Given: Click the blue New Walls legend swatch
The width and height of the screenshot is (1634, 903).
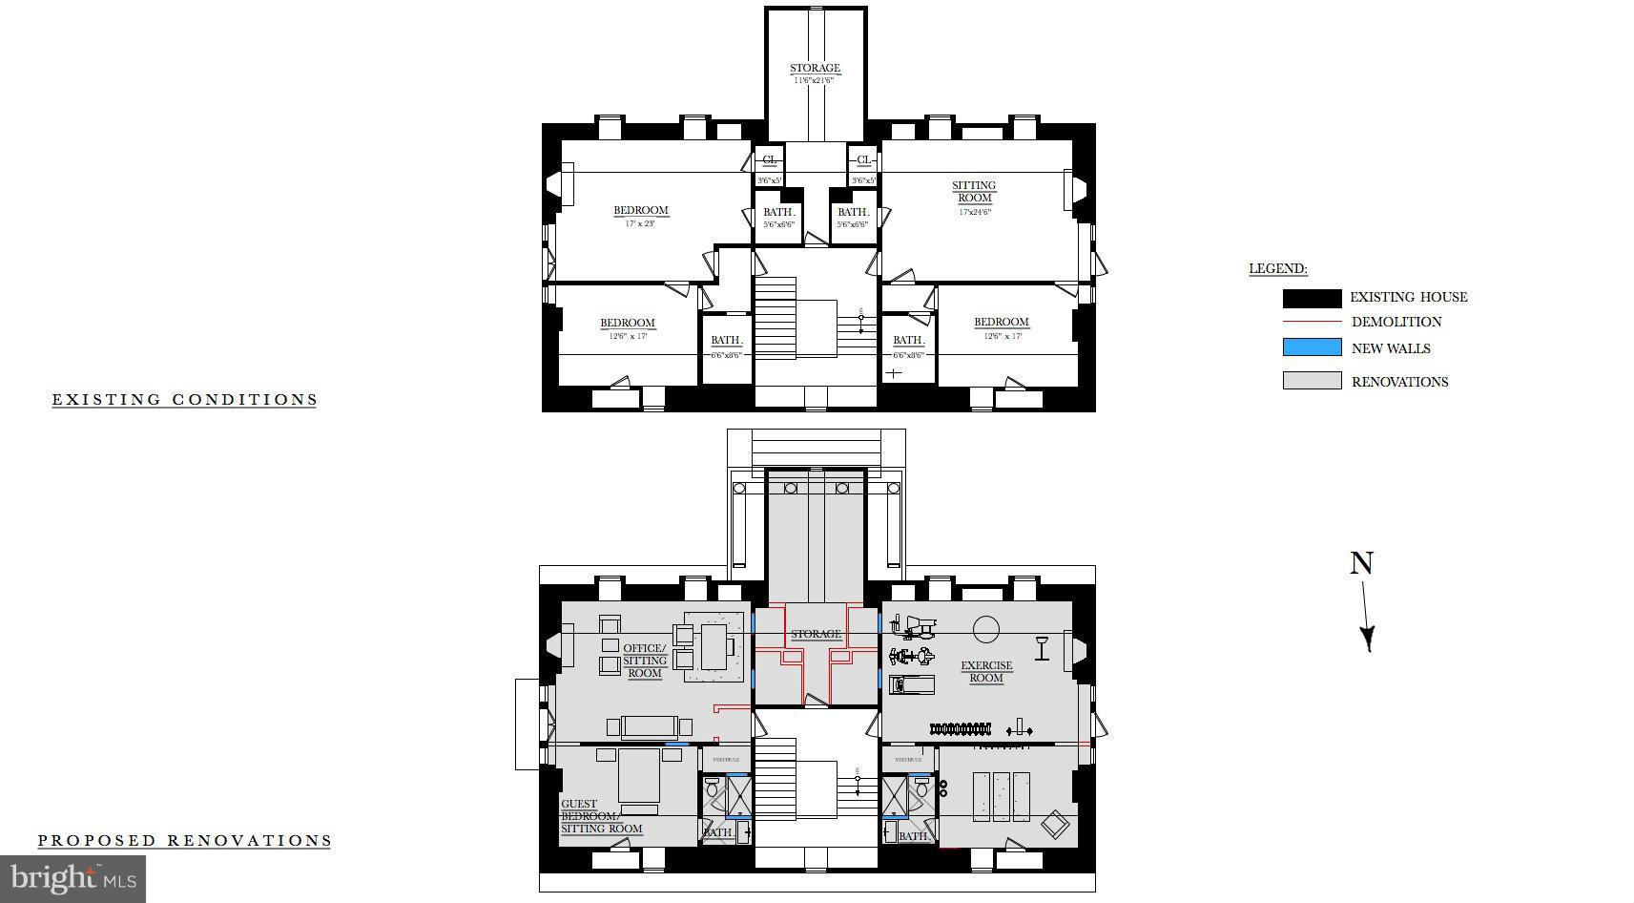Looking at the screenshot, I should point(1312,348).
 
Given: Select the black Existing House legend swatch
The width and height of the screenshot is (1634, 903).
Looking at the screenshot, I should point(1312,298).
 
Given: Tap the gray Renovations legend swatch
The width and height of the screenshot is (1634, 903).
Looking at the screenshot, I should point(1312,381).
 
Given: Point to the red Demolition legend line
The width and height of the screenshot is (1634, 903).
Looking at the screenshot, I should point(1312,323).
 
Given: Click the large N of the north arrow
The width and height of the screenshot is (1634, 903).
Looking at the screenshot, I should point(1361,564).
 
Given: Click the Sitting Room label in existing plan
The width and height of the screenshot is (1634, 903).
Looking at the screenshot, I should point(974,192).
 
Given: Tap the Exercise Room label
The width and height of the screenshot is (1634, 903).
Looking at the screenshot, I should point(986,672).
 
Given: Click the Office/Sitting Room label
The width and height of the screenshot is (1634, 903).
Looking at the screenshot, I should point(645,661).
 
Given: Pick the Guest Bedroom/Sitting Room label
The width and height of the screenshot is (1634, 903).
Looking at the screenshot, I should point(601,817).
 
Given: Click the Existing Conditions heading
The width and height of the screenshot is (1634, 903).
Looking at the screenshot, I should point(184,400).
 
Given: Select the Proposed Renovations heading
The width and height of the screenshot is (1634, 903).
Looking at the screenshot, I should point(184,841).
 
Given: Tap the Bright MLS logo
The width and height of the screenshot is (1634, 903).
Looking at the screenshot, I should point(72,878).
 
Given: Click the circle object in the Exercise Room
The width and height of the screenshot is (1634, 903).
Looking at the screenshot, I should point(985,629).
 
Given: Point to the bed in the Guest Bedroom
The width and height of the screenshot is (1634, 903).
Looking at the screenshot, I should point(639,778).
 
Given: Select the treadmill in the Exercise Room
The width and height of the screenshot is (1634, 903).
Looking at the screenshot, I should point(911,684).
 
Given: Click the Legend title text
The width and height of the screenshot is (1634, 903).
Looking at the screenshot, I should point(1278,269).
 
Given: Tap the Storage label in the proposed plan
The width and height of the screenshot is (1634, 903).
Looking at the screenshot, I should point(816,634).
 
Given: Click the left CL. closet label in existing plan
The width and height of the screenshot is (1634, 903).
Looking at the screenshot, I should point(769,160).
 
